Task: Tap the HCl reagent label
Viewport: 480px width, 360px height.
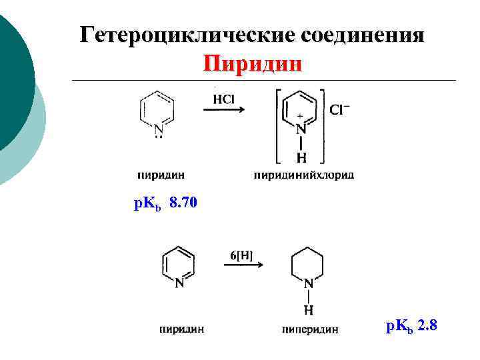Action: [223, 99]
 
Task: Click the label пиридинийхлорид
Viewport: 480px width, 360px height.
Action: [304, 175]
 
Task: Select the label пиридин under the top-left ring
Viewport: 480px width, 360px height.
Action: [162, 175]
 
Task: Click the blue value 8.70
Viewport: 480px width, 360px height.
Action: [184, 203]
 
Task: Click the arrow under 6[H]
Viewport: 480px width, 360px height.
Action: [243, 265]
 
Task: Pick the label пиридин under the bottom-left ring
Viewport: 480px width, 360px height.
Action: [181, 328]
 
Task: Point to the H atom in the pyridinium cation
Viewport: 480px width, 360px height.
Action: [301, 158]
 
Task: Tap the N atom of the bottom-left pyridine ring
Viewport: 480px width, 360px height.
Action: [179, 283]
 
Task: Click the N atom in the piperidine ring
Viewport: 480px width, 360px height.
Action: [309, 283]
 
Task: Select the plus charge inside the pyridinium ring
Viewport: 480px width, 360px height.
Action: [300, 115]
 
